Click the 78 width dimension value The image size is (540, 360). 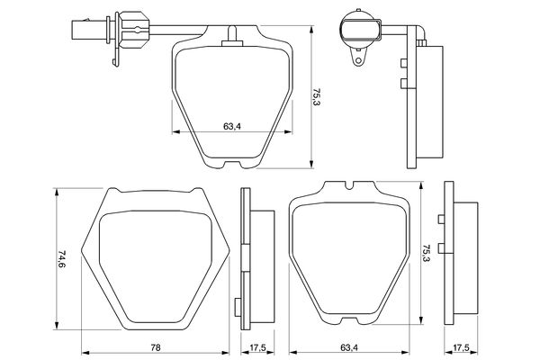pos(157,346)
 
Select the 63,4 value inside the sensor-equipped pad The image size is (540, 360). pos(231,125)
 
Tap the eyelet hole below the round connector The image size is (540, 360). pos(359,62)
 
